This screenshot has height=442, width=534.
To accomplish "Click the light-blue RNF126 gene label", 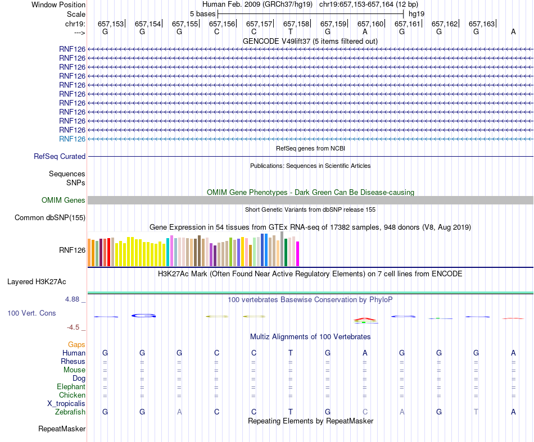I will (72, 139).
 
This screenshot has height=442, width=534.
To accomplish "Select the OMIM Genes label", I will (64, 201).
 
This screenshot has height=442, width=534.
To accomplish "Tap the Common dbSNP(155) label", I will (50, 218).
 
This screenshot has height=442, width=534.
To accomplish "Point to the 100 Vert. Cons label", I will (31, 313).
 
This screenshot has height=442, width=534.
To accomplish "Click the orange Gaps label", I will (76, 344).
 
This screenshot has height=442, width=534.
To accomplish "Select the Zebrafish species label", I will (70, 412).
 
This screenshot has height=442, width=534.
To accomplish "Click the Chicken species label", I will (72, 395).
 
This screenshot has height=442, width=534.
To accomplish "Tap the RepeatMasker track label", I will (62, 429).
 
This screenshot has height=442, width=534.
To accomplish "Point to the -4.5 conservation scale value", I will (74, 327).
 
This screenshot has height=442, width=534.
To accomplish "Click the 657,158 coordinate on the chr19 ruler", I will (296, 24).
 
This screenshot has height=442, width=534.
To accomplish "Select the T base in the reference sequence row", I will (291, 32).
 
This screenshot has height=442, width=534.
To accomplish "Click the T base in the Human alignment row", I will (291, 353).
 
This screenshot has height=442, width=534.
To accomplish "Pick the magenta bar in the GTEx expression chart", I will (298, 254).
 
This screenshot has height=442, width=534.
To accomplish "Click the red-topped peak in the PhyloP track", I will (365, 320).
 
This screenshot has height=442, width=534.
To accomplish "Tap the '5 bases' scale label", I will (202, 13).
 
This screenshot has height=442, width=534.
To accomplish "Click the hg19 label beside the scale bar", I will (417, 13).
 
